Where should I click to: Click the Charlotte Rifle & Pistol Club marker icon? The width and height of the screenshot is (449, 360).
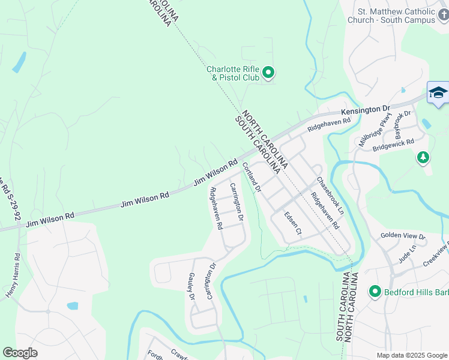[x=269, y=73]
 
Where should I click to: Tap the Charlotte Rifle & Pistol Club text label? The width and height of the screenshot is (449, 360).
[x=233, y=73]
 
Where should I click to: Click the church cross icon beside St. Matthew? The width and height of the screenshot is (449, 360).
[x=443, y=14]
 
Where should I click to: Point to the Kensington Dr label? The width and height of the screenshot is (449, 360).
[x=366, y=110]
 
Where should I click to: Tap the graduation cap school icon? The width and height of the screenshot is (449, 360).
[x=438, y=94]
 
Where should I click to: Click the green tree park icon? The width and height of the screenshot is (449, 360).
[x=424, y=157]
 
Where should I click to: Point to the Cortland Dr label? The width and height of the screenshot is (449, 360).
[x=252, y=178]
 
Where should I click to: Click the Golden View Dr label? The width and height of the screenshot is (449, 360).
[x=403, y=237]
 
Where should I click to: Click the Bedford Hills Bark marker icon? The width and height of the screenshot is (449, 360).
[x=375, y=292]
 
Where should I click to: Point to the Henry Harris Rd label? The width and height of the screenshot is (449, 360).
[x=13, y=275]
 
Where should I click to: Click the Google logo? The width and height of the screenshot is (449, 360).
[x=20, y=352]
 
